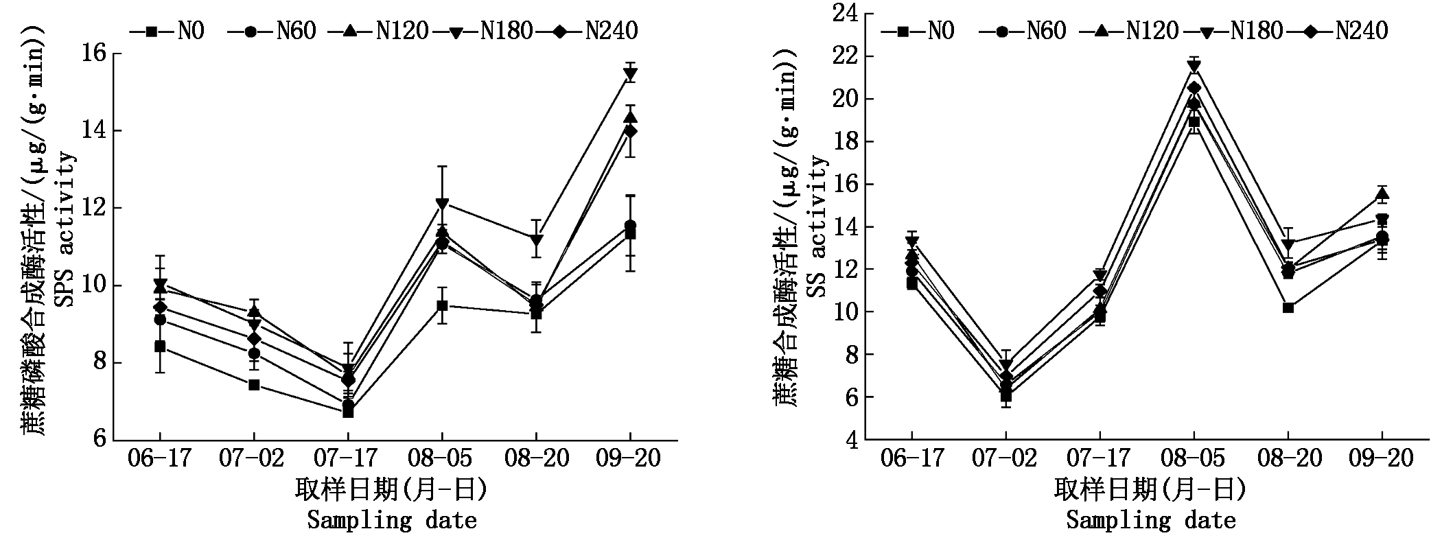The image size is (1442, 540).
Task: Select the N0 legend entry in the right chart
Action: click(918, 31)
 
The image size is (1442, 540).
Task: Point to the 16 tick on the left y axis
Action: click(95, 54)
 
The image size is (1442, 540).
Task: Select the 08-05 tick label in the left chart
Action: click(442, 458)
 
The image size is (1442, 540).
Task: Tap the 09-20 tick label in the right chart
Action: click(1382, 458)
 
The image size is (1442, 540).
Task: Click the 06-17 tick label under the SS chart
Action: click(911, 458)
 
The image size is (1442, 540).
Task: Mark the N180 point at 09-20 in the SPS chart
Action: click(630, 75)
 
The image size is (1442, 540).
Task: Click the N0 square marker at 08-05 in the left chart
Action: click(442, 305)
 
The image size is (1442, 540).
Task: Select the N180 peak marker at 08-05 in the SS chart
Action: click(1194, 66)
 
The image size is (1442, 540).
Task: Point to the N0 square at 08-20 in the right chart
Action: click(1288, 307)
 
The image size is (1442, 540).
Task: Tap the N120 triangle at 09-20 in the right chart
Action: click(1382, 194)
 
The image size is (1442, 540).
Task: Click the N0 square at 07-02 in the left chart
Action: click(254, 384)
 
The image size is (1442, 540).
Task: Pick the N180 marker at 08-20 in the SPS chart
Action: click(536, 240)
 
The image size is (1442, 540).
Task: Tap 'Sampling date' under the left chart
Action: click(392, 520)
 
